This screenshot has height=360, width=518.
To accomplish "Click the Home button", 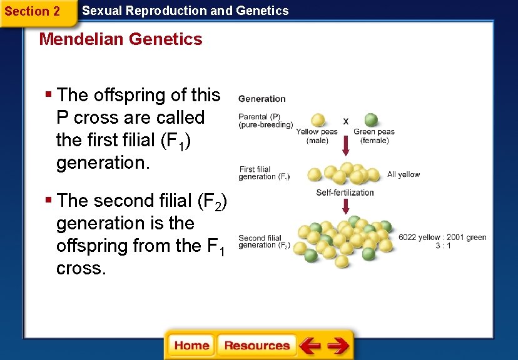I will [191, 346].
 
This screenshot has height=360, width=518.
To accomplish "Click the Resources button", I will [256, 346].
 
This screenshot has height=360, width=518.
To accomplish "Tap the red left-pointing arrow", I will [310, 346].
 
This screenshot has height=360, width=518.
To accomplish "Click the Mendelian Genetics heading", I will [121, 39].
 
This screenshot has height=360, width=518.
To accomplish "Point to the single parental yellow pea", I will [318, 120].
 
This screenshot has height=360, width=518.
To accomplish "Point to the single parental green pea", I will [371, 120].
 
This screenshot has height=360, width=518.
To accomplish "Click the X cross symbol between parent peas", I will [346, 121].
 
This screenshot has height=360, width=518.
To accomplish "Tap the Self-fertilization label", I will [345, 192].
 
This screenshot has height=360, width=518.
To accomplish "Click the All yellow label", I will [404, 174].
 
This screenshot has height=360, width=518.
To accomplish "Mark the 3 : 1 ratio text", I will [442, 246].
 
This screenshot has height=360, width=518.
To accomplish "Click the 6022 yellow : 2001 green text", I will [442, 237].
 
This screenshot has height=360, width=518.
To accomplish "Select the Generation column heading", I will [262, 99].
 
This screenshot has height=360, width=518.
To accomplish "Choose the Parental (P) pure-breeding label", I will [265, 121].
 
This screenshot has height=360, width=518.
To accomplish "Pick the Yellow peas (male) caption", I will [317, 136].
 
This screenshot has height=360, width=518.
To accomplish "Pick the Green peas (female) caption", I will [374, 136].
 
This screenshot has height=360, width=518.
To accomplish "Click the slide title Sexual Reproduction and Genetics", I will [186, 11].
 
